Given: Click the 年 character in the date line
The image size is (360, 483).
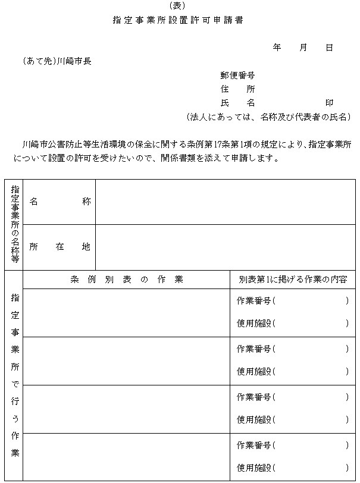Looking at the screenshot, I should click(x=277, y=47).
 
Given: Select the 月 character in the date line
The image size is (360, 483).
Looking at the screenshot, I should click(x=303, y=47).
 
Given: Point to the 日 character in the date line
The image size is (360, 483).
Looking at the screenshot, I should click(x=329, y=47).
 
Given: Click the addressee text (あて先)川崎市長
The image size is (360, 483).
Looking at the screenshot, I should click(x=57, y=61).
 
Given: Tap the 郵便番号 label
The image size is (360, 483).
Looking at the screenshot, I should click(x=237, y=76).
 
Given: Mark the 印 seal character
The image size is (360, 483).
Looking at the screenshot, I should click(x=329, y=103).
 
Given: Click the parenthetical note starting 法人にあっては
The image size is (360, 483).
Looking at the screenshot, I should click(x=268, y=117).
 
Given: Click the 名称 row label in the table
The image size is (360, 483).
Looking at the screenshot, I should click(x=60, y=202).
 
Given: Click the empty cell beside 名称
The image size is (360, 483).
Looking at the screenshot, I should click(x=225, y=202).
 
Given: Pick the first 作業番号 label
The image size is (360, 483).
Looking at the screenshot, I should click(x=255, y=301).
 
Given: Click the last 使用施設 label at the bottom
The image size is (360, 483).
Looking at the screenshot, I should click(x=255, y=468).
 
